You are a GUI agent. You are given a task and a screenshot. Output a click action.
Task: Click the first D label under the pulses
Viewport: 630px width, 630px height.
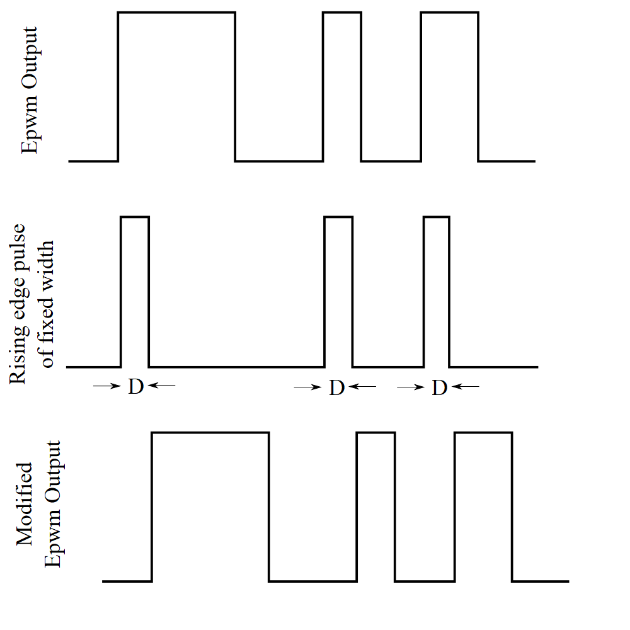[135, 387]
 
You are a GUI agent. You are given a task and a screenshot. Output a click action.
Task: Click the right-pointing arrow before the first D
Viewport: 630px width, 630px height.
[106, 386]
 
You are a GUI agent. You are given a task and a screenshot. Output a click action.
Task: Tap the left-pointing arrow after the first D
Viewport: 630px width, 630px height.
[161, 386]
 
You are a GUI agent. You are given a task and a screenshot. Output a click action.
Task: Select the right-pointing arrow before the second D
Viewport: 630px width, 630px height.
[307, 387]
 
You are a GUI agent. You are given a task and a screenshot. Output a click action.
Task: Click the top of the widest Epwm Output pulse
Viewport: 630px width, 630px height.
[176, 13]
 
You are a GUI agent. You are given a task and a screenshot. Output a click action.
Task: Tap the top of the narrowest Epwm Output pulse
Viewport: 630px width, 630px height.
[342, 13]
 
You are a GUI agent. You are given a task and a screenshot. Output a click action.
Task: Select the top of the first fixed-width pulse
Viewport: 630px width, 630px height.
[135, 217]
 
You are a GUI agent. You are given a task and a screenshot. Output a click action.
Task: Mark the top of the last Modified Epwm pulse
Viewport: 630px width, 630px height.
[483, 433]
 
